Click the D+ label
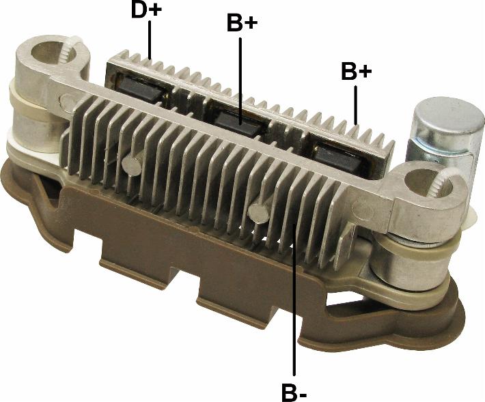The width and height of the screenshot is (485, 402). pos(146,10)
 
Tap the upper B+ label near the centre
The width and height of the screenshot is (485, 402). pos(242,23)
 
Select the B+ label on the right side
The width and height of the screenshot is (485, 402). pos(356,71)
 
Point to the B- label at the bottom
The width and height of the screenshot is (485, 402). pos(294,392)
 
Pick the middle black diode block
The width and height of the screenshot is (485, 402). pos(239,123)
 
